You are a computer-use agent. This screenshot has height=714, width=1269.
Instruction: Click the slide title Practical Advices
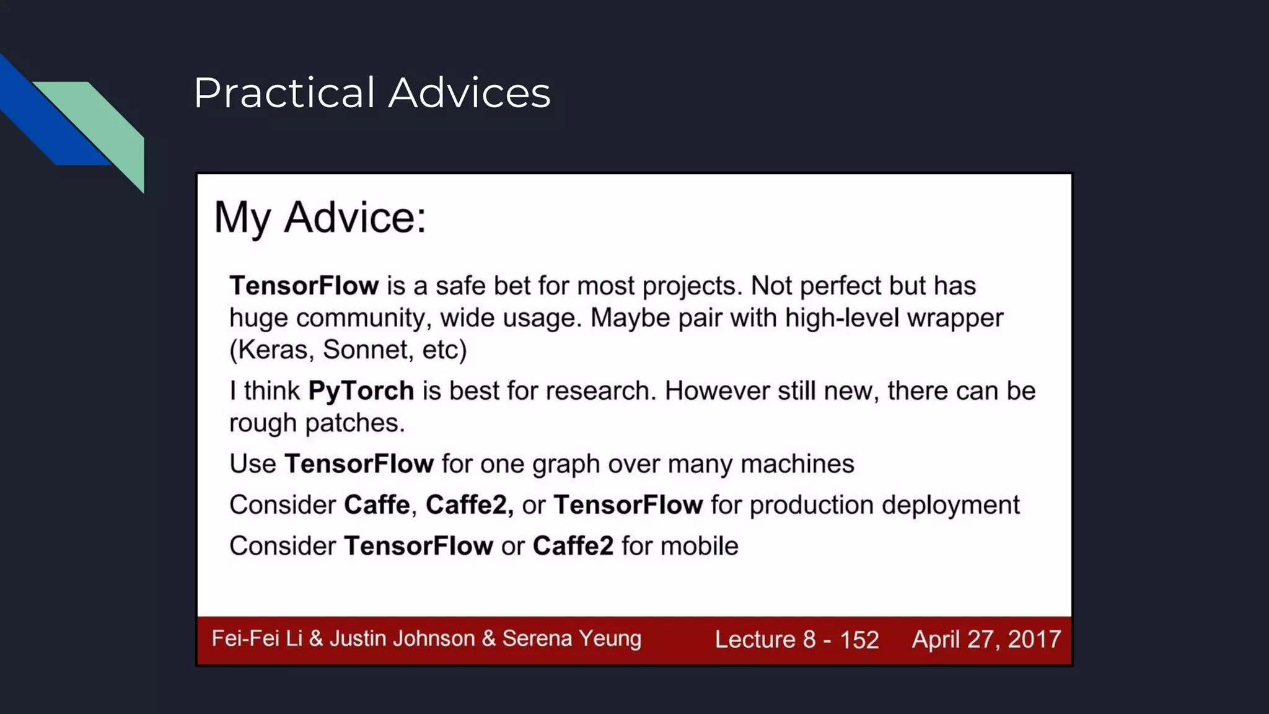372,93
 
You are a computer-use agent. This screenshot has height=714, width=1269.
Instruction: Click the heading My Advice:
320,218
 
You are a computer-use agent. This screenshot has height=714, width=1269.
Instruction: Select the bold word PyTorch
361,391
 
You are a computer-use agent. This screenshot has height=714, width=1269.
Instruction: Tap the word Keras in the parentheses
273,350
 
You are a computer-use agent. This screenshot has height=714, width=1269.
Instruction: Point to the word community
361,319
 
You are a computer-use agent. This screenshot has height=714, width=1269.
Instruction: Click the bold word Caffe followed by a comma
377,505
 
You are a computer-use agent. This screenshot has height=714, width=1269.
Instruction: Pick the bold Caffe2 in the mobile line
573,546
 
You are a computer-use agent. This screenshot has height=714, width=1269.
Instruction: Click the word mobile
699,546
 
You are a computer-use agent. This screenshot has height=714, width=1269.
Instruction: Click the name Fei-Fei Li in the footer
257,638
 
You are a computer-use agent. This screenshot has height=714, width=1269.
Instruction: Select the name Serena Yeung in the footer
571,638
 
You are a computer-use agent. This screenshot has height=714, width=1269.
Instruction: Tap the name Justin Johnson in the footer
402,638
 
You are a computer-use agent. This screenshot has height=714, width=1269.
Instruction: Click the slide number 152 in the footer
859,640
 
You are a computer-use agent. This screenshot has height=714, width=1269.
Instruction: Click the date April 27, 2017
986,639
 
